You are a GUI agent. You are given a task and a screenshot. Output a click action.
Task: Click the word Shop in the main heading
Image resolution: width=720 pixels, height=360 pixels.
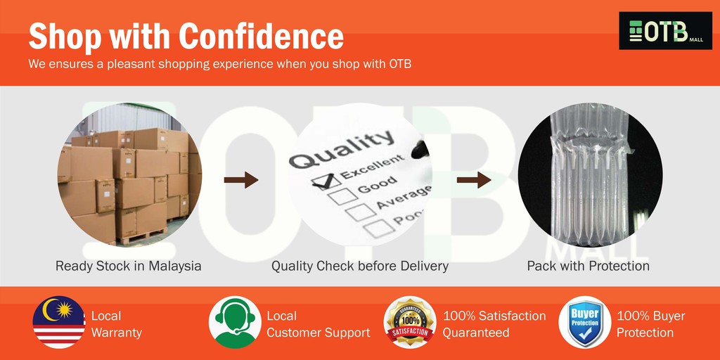click(x=65, y=36)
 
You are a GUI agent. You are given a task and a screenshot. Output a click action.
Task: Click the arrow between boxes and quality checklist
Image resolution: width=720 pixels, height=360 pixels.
click(x=241, y=181)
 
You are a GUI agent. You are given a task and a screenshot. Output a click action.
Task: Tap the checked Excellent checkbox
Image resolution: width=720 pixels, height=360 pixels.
click(x=324, y=181)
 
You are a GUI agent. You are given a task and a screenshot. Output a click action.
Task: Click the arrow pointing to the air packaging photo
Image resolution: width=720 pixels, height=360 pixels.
click(x=474, y=181)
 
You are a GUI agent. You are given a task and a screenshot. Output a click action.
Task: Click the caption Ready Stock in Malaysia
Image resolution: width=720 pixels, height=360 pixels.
click(x=128, y=266)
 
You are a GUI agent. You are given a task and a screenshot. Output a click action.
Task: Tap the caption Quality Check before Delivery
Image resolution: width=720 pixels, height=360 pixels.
click(x=360, y=266)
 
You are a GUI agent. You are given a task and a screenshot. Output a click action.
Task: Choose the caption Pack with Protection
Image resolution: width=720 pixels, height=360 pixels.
click(x=588, y=266)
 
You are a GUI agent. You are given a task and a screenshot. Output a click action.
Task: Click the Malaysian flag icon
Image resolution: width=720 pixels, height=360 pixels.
click(x=59, y=322)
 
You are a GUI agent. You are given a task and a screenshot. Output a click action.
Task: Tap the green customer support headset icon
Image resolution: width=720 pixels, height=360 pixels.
click(x=235, y=322)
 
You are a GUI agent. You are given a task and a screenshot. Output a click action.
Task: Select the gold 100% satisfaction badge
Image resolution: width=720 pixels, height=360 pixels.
click(x=409, y=322)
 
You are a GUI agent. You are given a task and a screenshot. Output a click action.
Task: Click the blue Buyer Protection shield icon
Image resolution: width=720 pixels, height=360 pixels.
click(x=584, y=322)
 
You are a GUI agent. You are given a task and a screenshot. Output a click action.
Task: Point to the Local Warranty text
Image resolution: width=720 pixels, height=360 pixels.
click(x=116, y=324)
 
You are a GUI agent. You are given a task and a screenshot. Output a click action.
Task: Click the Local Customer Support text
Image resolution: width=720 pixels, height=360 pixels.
click(x=318, y=324)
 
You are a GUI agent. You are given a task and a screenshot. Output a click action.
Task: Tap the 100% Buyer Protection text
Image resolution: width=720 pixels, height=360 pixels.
click(x=650, y=324)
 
